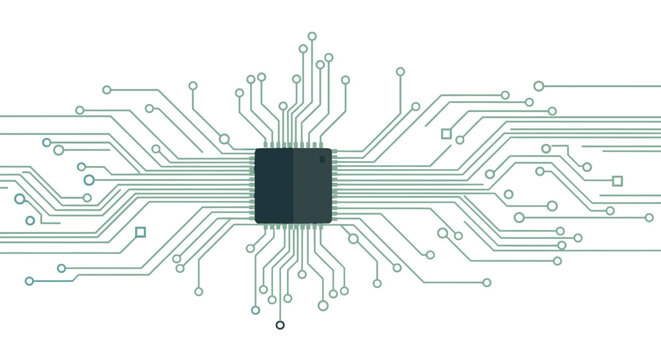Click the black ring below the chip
(280, 325)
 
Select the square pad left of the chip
(140, 232)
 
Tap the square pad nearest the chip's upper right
(446, 133)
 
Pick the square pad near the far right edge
(617, 181)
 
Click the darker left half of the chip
(274, 186)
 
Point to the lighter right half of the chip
(312, 186)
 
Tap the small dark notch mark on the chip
(322, 159)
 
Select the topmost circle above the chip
(312, 36)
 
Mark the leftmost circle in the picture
(19, 199)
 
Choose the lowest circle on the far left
(29, 281)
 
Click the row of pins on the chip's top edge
(293, 144)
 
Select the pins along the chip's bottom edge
(293, 228)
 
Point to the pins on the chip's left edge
(251, 186)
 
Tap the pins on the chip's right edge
(335, 186)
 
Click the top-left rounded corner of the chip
(259, 152)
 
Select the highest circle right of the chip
(400, 72)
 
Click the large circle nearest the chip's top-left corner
(224, 139)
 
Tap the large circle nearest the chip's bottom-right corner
(353, 238)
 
